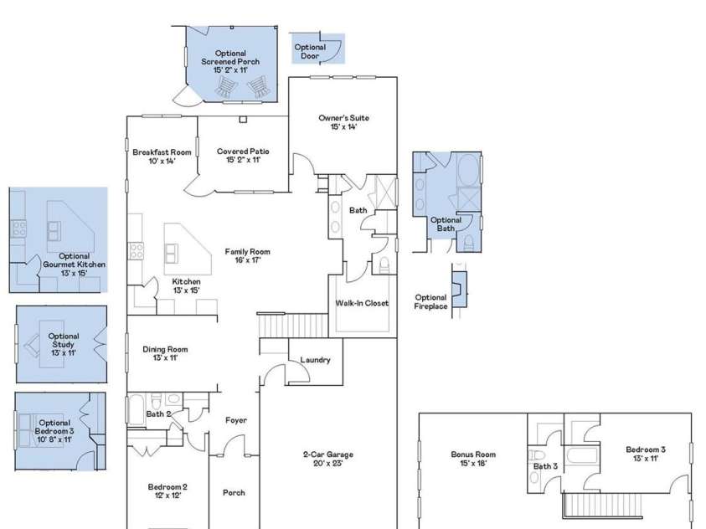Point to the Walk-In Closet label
click(362, 303)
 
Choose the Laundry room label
click(315, 360)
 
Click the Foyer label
click(236, 420)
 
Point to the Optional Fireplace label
click(431, 301)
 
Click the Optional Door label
click(309, 52)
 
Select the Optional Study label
click(64, 344)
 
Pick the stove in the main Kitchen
click(137, 250)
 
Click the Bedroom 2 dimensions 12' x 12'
click(167, 495)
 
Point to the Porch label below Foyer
click(234, 492)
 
